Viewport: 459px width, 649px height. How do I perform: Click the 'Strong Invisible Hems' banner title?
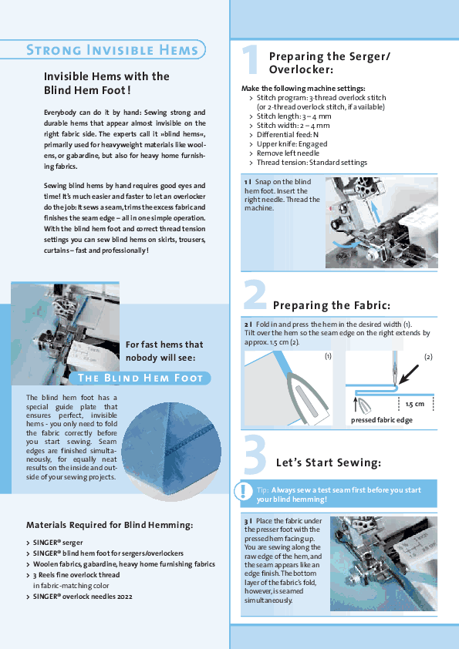click(113, 50)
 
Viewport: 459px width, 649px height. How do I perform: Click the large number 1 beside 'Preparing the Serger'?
click(251, 59)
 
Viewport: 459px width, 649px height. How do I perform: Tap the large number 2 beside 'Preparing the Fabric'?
click(255, 294)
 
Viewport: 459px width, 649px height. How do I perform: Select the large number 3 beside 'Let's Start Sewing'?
click(255, 454)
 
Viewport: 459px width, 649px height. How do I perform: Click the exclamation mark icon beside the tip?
click(242, 491)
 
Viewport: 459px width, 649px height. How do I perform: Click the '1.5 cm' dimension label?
click(415, 404)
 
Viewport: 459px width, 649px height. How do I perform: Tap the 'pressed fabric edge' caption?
click(382, 420)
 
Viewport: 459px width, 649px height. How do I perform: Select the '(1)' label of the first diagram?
click(328, 356)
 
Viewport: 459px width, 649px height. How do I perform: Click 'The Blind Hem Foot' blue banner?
click(140, 378)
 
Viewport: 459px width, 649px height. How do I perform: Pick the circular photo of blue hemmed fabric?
click(171, 452)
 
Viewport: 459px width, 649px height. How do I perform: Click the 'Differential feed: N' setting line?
click(288, 135)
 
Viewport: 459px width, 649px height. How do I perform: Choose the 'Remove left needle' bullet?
click(288, 153)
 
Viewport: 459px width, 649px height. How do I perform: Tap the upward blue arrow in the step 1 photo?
click(375, 214)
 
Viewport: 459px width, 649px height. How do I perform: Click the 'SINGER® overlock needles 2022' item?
click(83, 597)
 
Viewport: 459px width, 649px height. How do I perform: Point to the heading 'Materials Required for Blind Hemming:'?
click(110, 525)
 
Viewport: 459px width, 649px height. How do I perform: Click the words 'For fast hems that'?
click(164, 345)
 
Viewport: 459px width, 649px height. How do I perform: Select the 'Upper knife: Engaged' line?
click(292, 144)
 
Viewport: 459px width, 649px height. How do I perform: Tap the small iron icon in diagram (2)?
click(363, 405)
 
